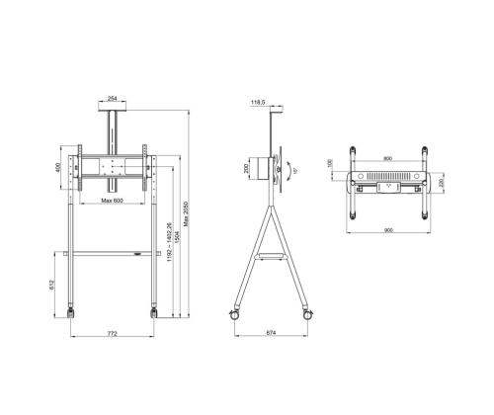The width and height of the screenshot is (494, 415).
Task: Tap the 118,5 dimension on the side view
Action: tap(261, 101)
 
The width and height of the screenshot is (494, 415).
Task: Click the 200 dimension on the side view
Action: tap(246, 169)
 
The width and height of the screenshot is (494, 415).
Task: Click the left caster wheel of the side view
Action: tap(235, 314)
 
